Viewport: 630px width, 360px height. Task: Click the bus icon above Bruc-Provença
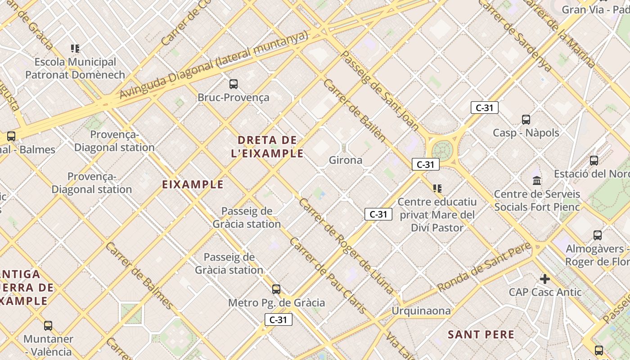click(x=233, y=84)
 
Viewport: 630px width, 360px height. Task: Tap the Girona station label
click(x=345, y=160)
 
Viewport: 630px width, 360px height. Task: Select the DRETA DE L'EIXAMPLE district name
click(x=267, y=147)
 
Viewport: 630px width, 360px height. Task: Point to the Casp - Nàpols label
click(x=526, y=133)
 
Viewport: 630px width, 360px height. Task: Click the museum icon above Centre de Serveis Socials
click(x=537, y=180)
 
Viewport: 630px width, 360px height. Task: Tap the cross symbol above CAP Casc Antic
click(x=545, y=279)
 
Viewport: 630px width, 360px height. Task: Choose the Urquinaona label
click(x=421, y=311)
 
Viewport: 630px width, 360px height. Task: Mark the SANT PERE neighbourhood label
click(x=481, y=334)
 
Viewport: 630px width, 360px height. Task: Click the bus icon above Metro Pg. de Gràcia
click(x=276, y=289)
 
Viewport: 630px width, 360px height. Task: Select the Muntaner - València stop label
click(x=48, y=345)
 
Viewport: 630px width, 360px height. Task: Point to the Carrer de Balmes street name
click(x=139, y=276)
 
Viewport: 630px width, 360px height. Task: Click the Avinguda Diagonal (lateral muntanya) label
click(x=214, y=65)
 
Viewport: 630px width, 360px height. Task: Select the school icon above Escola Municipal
click(x=75, y=48)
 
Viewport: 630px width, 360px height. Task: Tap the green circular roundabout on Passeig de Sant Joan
click(x=442, y=150)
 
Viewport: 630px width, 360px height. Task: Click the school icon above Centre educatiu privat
click(x=437, y=188)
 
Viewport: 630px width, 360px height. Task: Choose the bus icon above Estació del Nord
click(x=594, y=160)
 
